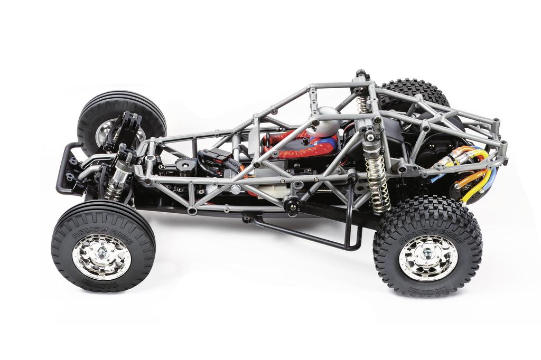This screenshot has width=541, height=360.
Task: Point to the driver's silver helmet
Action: (x=325, y=121)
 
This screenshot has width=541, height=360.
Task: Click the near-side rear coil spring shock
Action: (x=377, y=182)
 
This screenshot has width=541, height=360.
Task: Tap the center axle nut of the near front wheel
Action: (x=102, y=257)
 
